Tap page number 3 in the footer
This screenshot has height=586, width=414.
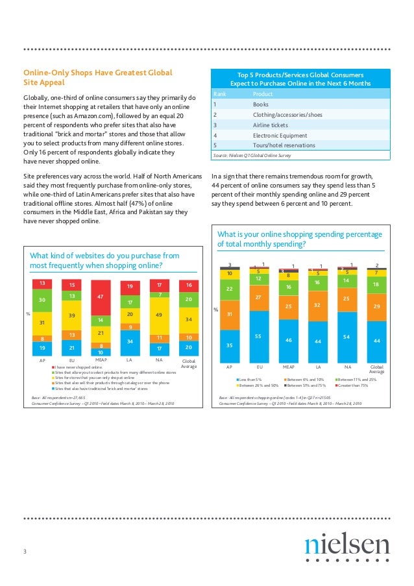(25, 552)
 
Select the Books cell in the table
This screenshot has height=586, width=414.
(262, 104)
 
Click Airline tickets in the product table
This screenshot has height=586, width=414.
(271, 125)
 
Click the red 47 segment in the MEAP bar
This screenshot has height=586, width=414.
(101, 298)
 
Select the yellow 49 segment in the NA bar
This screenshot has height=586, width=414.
(159, 315)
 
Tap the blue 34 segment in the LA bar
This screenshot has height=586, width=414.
(130, 341)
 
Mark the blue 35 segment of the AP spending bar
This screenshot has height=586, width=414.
(229, 346)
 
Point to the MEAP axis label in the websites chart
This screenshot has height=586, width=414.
(101, 358)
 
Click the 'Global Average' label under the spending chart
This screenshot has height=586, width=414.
(377, 369)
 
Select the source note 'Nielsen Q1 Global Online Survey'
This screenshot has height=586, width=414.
(249, 156)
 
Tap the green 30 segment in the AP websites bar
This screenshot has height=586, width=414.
(42, 300)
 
